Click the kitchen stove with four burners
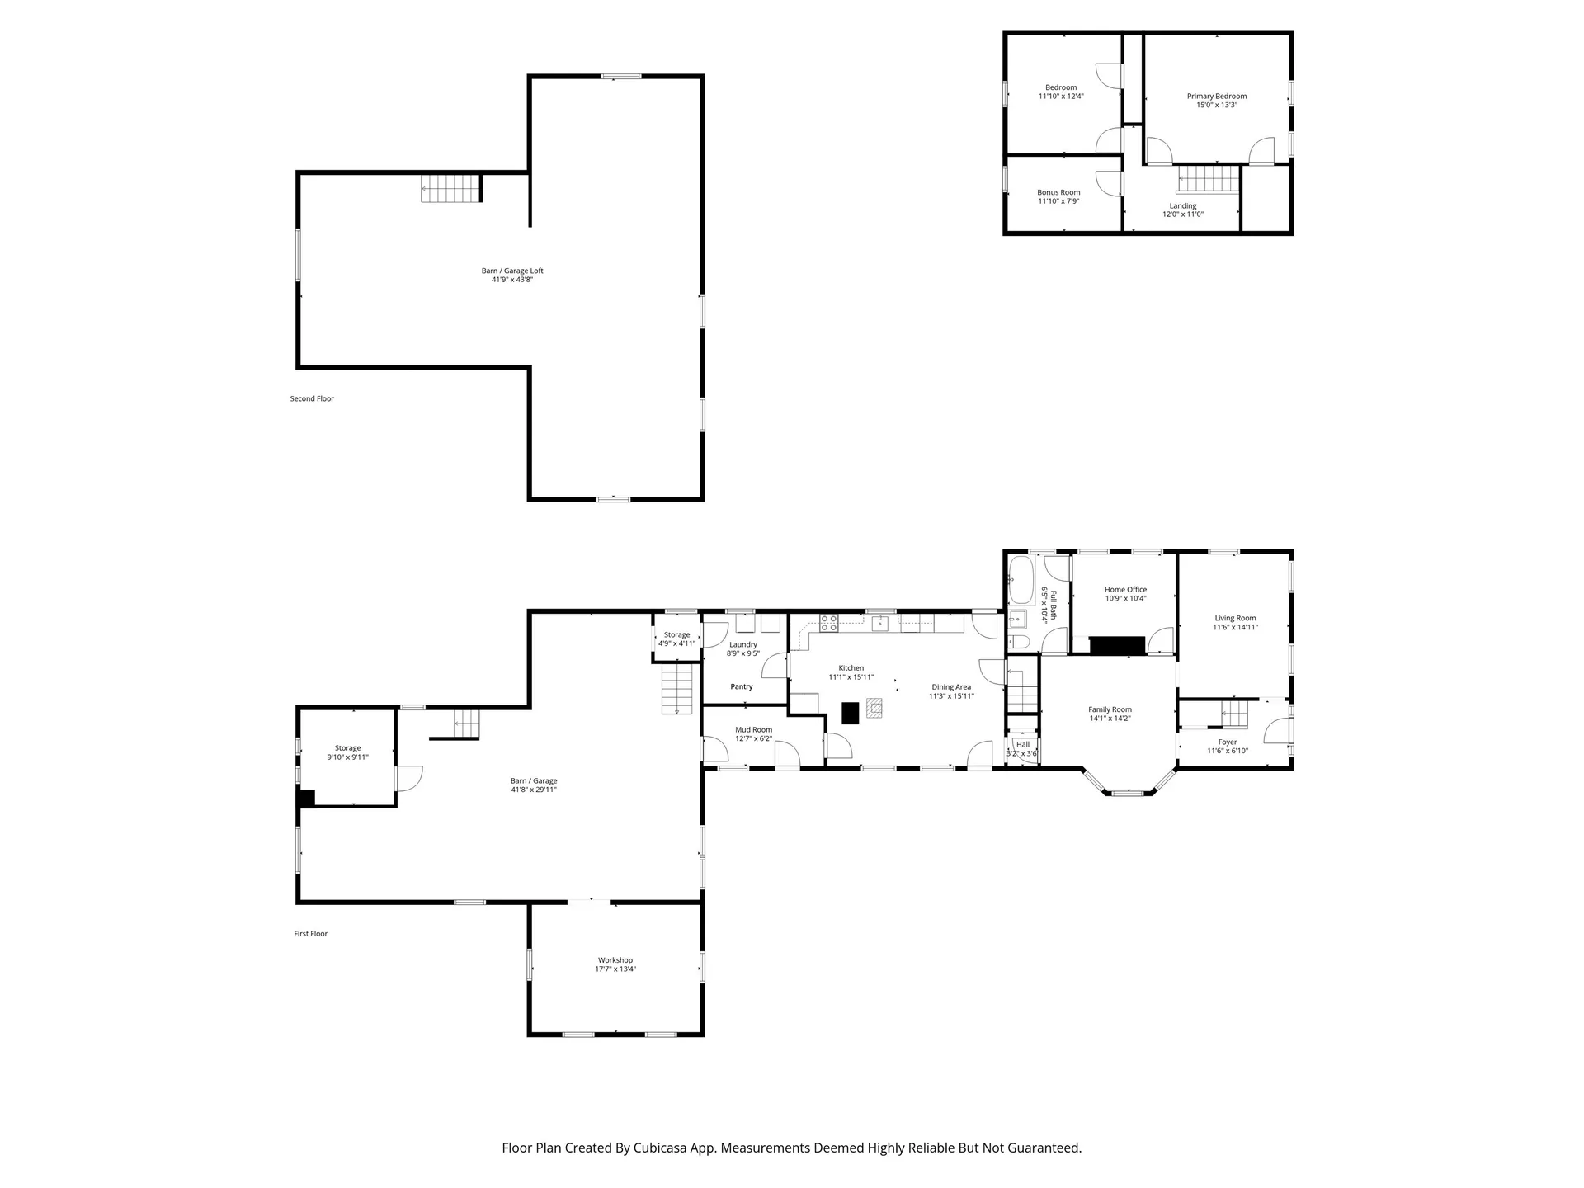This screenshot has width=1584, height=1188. [829, 623]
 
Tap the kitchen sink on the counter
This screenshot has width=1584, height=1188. [880, 623]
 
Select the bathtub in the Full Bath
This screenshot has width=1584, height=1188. [1021, 580]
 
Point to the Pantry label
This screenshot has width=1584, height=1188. [742, 686]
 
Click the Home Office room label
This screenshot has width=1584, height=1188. [1125, 590]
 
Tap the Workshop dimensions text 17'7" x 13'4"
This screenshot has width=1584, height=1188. [615, 969]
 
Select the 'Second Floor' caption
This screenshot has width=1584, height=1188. [312, 398]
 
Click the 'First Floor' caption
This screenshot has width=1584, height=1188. [311, 934]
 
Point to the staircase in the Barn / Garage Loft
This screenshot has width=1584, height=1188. [450, 188]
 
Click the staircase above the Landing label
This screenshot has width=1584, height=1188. [1209, 179]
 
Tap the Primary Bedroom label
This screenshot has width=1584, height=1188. [1217, 96]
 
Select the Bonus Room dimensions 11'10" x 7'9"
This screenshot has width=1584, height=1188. [1058, 201]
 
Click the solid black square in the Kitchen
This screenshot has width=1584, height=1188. [851, 713]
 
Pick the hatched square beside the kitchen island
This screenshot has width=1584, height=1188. [874, 707]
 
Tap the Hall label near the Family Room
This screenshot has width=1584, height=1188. [1023, 744]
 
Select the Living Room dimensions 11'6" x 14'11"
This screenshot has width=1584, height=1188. [1235, 627]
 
